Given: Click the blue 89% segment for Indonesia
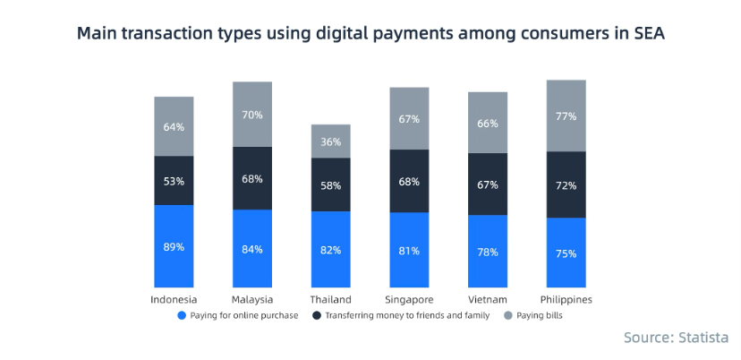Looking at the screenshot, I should coord(174,246).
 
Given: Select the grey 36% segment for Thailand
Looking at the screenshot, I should coord(331,141).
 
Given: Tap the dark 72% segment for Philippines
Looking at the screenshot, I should coord(566,185).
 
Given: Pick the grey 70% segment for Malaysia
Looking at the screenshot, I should coord(252,115).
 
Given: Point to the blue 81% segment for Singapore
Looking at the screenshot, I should coord(409,250).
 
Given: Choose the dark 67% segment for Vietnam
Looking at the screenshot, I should coord(488,184).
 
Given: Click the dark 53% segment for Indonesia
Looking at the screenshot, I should coord(174,181).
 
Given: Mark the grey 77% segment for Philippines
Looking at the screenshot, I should coord(566,116).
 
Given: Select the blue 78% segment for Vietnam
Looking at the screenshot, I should coord(488,252).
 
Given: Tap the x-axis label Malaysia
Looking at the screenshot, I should coord(252,299).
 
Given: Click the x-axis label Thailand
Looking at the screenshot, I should coord(330,299).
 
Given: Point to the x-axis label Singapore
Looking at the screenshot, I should coord(409,299).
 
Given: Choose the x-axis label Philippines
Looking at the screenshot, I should coord(566,299).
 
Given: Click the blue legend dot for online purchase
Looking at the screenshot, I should coord(183,316).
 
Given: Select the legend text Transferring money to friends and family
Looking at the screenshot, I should coord(407,316).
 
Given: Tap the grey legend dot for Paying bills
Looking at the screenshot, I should coord(508,316).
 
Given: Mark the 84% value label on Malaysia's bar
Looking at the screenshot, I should coord(252,249).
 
